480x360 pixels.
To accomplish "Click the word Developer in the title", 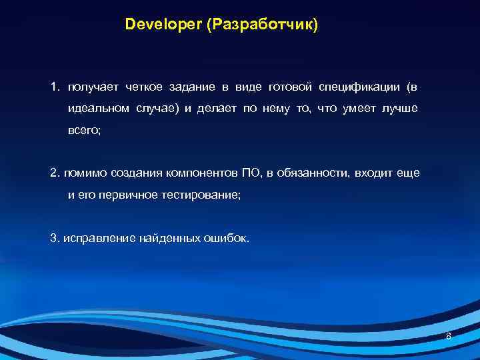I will click(x=163, y=25).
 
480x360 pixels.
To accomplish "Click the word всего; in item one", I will click(x=84, y=131).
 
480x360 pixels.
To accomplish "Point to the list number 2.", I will click(x=54, y=173).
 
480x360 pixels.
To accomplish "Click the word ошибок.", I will click(x=231, y=237).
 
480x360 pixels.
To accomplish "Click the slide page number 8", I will click(x=449, y=336).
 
